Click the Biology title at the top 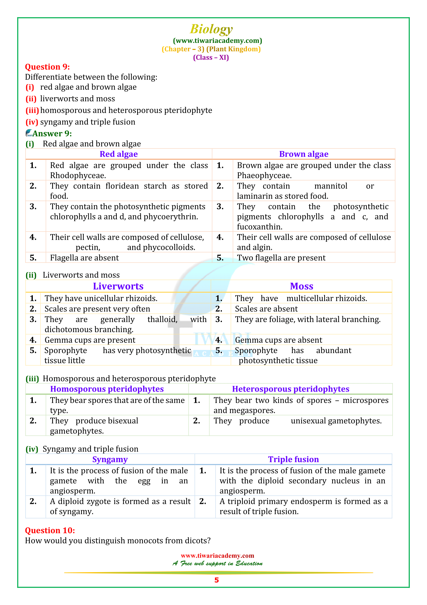(211, 29)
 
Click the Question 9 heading (47, 67)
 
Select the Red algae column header (119, 154)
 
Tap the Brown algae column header (304, 154)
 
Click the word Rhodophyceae (78, 175)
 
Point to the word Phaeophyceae (264, 175)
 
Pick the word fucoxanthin (259, 227)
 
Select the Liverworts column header (118, 286)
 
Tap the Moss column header (301, 286)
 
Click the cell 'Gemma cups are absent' (278, 340)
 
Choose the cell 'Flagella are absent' (84, 258)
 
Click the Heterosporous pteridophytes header (290, 389)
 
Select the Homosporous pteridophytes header (107, 389)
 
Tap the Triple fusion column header (293, 459)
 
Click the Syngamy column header (110, 459)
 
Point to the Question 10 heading (50, 531)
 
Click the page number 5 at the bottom (216, 580)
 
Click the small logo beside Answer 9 (29, 133)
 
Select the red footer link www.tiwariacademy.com (217, 556)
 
